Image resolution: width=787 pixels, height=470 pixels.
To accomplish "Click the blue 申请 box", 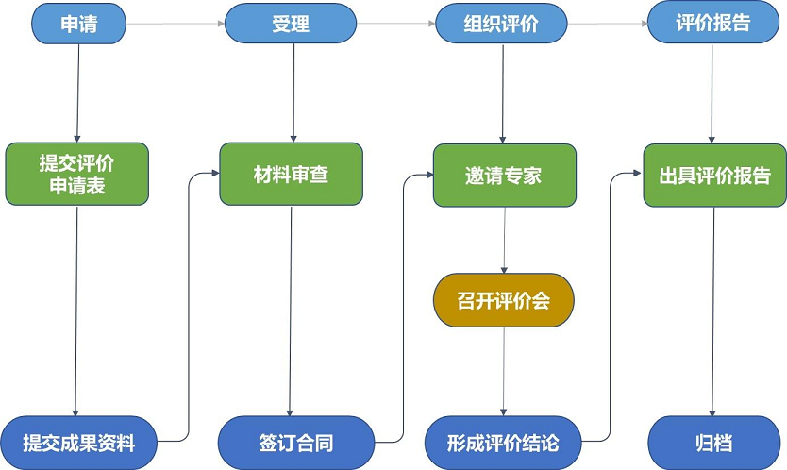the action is tap(79, 24).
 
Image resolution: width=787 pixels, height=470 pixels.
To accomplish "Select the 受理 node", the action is tap(291, 24).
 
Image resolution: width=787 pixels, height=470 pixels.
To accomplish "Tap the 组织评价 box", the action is tap(501, 23).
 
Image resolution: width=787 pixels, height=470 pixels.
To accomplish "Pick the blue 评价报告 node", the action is tap(713, 23).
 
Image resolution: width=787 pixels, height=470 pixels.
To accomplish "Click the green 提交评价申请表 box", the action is tap(77, 175).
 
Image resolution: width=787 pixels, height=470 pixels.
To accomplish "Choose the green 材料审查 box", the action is tap(291, 175).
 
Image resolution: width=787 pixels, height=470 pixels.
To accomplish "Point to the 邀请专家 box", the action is tap(505, 176).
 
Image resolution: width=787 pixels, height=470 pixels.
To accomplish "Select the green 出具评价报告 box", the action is tap(714, 176).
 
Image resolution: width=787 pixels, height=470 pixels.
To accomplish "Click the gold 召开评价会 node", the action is tap(503, 300).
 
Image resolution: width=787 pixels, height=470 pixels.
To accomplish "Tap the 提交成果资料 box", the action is tap(79, 443).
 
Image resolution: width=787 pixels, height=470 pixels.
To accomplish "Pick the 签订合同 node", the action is tap(296, 443).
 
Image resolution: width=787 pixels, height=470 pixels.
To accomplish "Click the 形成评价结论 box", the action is tap(503, 443).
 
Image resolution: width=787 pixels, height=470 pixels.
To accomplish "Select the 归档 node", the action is tap(714, 443).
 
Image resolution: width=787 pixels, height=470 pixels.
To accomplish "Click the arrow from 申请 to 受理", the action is tap(176, 24).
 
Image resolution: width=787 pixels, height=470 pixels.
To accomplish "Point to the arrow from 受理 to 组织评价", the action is tap(396, 23).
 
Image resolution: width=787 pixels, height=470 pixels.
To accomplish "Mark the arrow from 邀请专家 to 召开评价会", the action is tap(505, 240).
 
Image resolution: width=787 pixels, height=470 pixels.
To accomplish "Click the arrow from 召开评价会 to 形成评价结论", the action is tap(503, 372).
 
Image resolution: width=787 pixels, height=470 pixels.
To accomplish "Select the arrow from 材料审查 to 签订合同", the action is tap(290, 311).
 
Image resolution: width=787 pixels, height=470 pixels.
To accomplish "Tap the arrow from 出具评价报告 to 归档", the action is tap(712, 311).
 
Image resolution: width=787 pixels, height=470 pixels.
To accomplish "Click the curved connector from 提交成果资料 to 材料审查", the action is tap(188, 307).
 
